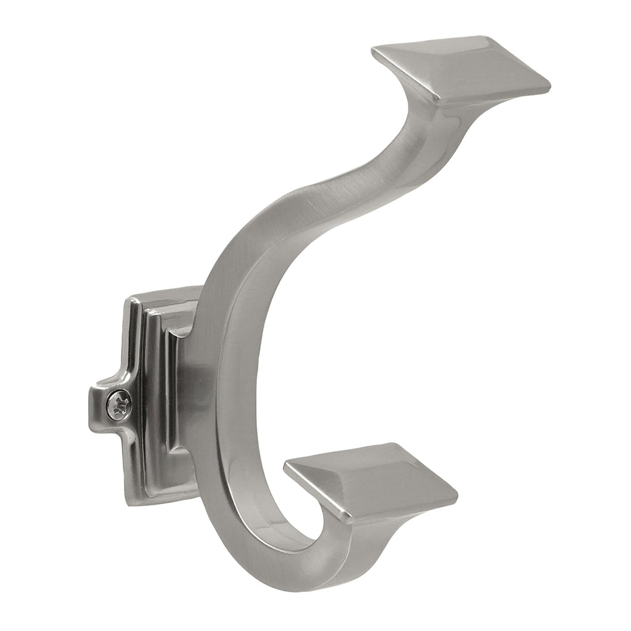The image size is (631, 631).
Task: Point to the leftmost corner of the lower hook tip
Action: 285,466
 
